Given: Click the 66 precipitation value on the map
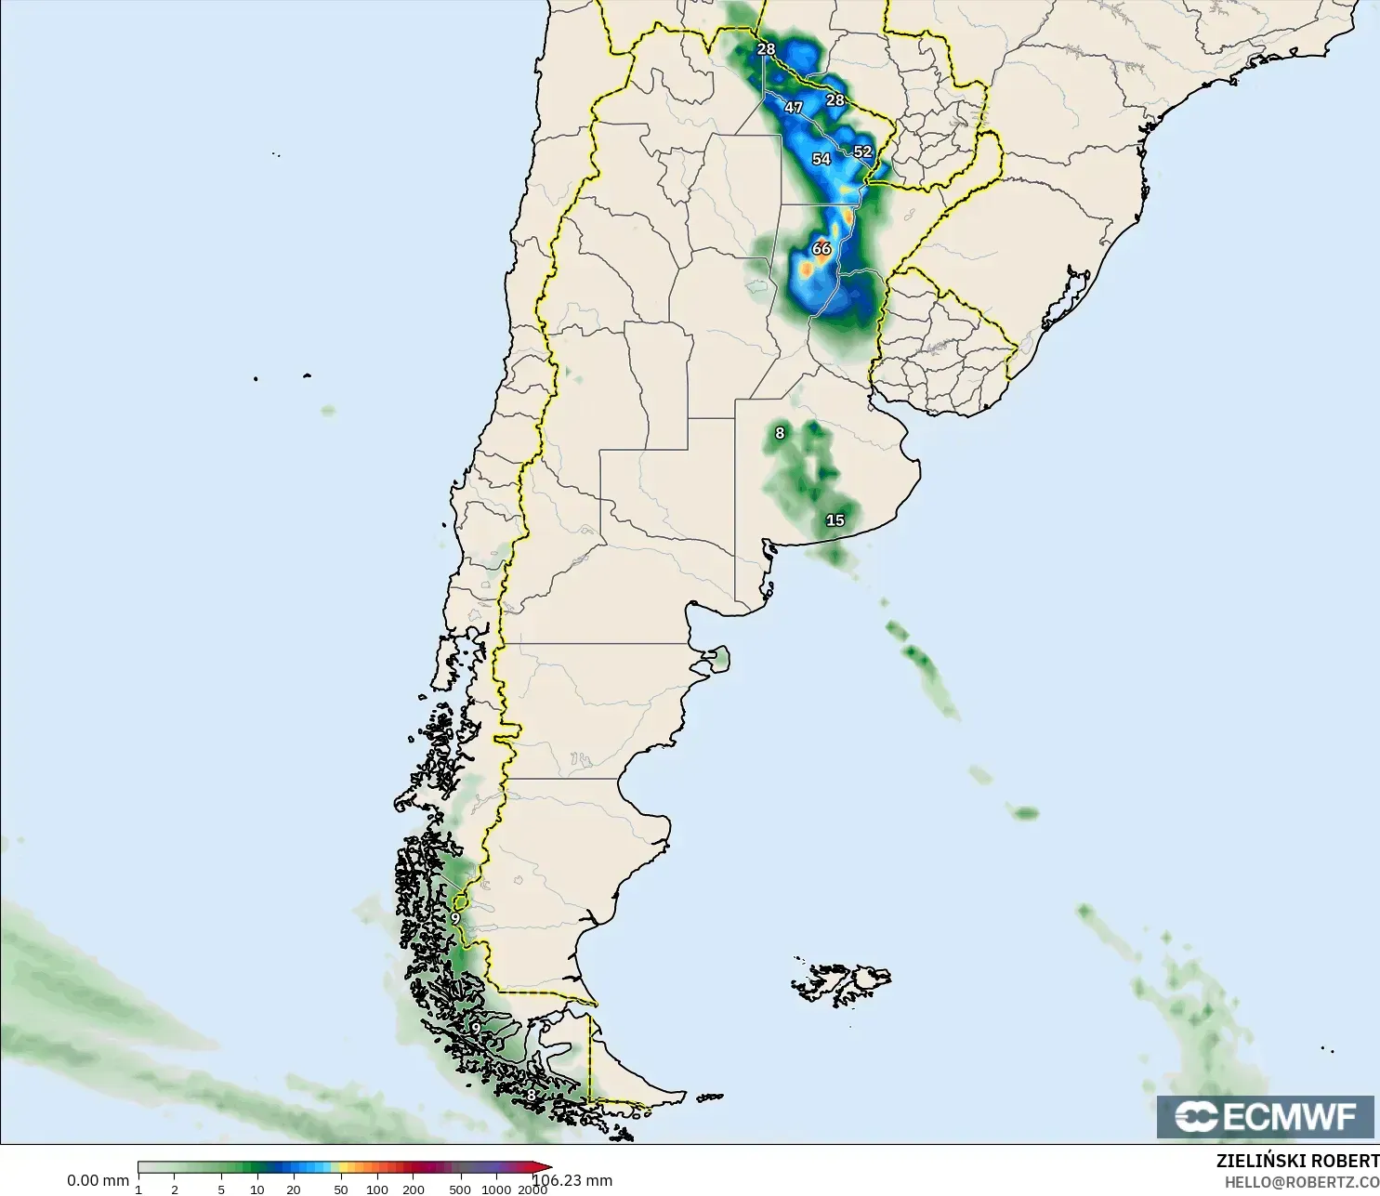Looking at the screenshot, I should tap(821, 248).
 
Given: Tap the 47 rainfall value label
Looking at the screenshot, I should tap(793, 108).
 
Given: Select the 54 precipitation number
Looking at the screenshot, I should tap(821, 159).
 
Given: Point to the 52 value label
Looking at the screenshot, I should tap(862, 151).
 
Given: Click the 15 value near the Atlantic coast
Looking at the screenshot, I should tap(835, 520).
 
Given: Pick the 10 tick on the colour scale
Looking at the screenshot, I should tap(257, 1189).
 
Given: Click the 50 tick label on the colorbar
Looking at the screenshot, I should tap(341, 1189).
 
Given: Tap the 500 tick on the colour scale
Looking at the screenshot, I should tap(460, 1189).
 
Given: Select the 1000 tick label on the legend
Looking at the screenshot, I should tap(496, 1189).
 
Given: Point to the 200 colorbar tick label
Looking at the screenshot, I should tap(414, 1189).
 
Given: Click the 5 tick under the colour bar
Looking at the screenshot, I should tap(221, 1189).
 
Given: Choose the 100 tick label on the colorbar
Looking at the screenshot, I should tap(377, 1189).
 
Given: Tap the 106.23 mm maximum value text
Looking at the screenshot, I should tap(572, 1180).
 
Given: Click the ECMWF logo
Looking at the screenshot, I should tap(1265, 1116).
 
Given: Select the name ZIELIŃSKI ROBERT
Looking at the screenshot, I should tap(1297, 1162).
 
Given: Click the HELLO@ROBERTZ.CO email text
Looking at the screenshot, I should tap(1301, 1182).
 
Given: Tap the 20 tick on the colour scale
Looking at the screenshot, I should tap(294, 1189).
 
